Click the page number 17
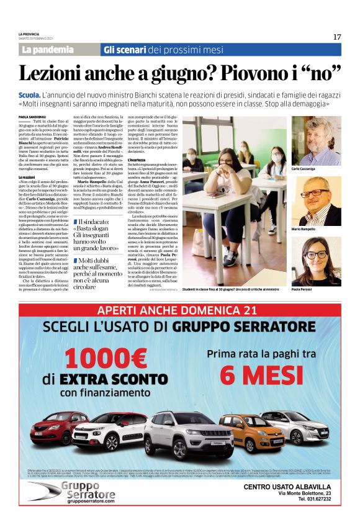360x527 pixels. [x=337, y=37]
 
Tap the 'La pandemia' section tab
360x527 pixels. [x=48, y=50]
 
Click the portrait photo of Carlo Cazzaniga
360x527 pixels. [x=316, y=141]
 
